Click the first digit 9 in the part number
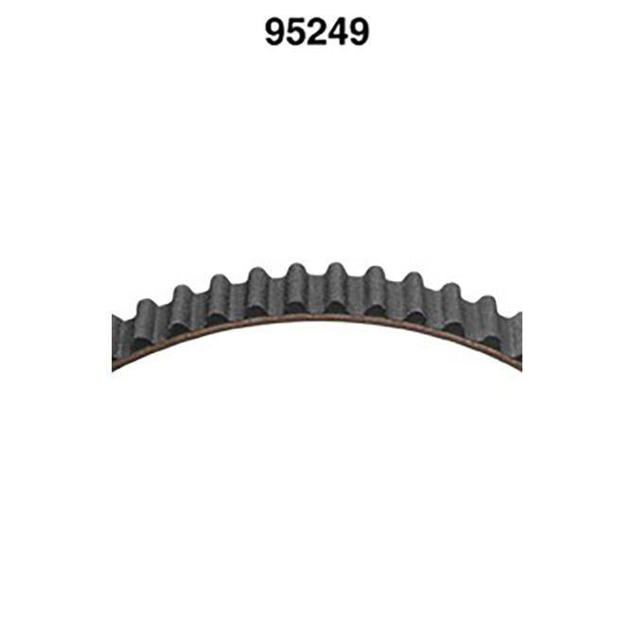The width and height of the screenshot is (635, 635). [275, 32]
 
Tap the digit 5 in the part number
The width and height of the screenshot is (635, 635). [296, 32]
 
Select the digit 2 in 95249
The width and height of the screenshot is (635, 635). [317, 32]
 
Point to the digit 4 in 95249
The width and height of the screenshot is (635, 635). [338, 32]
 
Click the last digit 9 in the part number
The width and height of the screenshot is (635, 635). [359, 32]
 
